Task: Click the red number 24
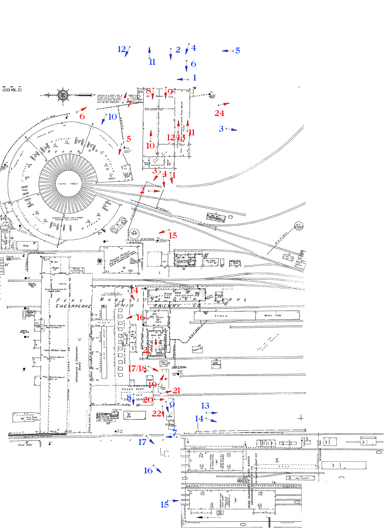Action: (219, 113)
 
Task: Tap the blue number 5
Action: (238, 51)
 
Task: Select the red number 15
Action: (173, 236)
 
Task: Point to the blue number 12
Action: (122, 49)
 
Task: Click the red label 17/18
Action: (137, 368)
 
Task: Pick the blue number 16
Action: (148, 470)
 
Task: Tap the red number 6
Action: (82, 116)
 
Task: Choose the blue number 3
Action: (221, 128)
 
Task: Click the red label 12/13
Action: (176, 137)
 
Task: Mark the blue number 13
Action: (205, 406)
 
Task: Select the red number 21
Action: (177, 391)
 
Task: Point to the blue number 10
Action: (113, 117)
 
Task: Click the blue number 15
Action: (164, 504)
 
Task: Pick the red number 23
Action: (148, 350)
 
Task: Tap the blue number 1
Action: (195, 78)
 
